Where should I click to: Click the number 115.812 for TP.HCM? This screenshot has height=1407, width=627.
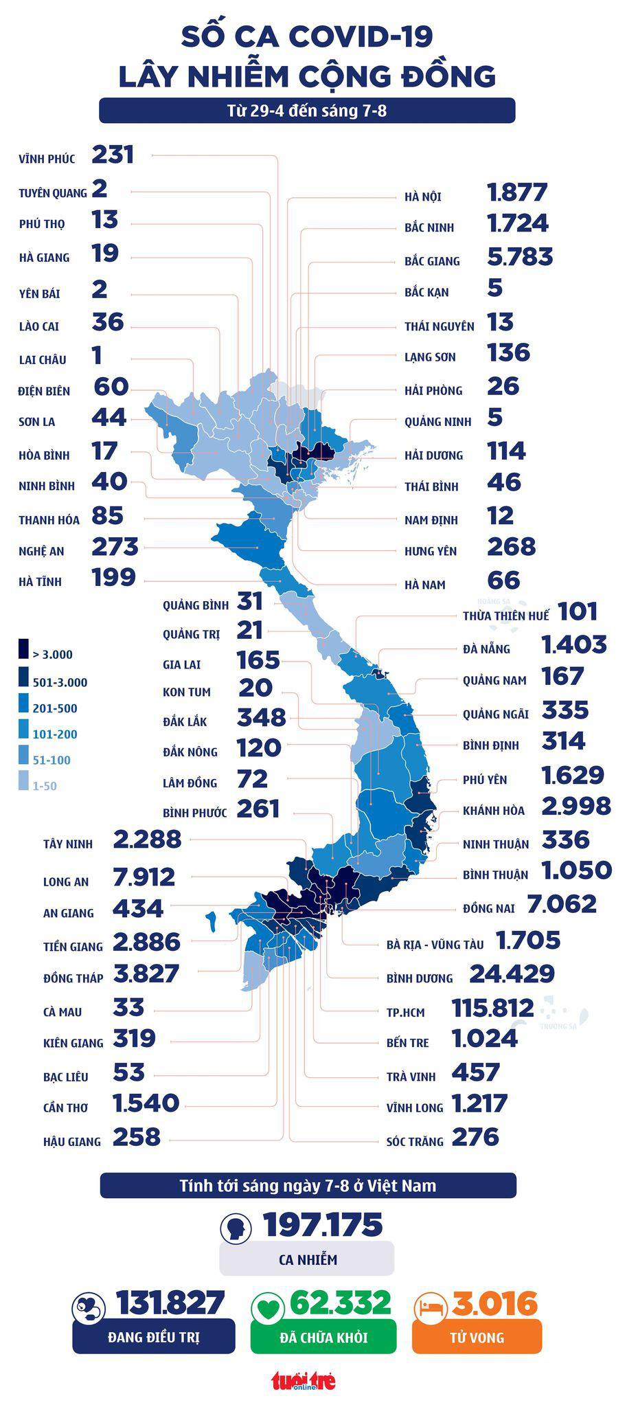(x=492, y=1008)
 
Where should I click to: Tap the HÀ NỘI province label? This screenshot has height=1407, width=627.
(x=422, y=196)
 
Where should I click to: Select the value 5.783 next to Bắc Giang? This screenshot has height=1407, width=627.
(x=519, y=257)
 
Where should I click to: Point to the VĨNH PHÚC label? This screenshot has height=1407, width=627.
(x=47, y=159)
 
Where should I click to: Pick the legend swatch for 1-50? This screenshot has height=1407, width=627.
(x=23, y=780)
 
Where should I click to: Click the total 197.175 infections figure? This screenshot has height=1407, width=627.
(x=323, y=1225)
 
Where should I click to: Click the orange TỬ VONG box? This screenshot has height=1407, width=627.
(x=477, y=1337)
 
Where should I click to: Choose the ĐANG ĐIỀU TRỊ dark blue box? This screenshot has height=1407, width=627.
(x=153, y=1337)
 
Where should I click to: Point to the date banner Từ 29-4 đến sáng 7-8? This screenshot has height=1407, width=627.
(x=307, y=111)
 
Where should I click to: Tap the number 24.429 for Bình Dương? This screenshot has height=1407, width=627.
(x=512, y=973)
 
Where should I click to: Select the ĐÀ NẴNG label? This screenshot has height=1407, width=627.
(x=486, y=649)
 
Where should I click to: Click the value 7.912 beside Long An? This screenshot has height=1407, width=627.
(x=144, y=877)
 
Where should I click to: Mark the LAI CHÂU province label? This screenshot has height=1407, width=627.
(x=43, y=359)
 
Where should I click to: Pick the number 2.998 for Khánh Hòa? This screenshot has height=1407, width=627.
(x=575, y=805)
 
